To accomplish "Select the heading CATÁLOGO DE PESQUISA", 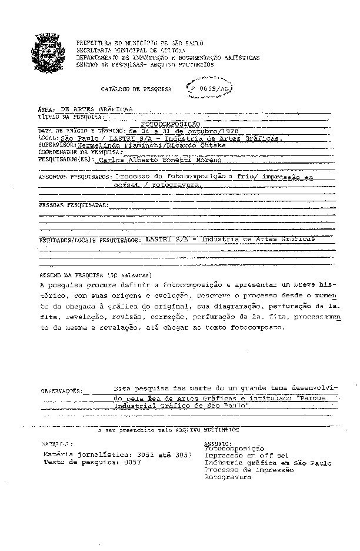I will point(136,89).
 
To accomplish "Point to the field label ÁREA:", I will point(46,109).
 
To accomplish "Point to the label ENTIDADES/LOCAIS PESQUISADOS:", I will point(89,240).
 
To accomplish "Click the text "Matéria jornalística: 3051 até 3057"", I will point(118,455).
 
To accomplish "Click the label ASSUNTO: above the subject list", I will point(218,443).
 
